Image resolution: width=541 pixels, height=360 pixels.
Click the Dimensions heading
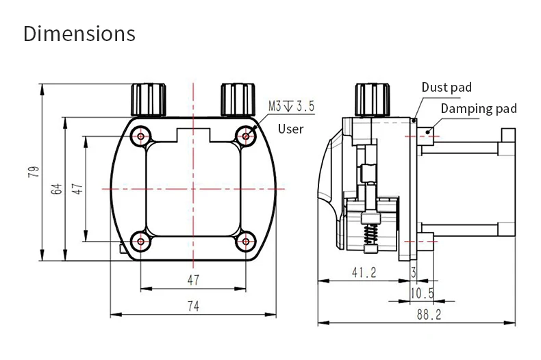coord(79,34)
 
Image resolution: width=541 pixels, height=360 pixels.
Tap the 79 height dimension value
coord(34,172)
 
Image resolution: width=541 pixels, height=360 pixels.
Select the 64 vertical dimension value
coord(57,189)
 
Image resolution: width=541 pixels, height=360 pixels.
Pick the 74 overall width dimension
coord(193,306)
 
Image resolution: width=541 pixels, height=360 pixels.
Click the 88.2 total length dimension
coord(429,314)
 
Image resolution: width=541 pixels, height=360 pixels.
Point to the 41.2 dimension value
coord(364,272)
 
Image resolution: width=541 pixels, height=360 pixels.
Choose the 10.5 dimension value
coord(422,294)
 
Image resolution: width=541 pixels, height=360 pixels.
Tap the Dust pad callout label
coord(446,87)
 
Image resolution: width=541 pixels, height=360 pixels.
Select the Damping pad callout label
coord(479,109)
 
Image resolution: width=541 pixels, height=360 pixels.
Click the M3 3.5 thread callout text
coord(292,106)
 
